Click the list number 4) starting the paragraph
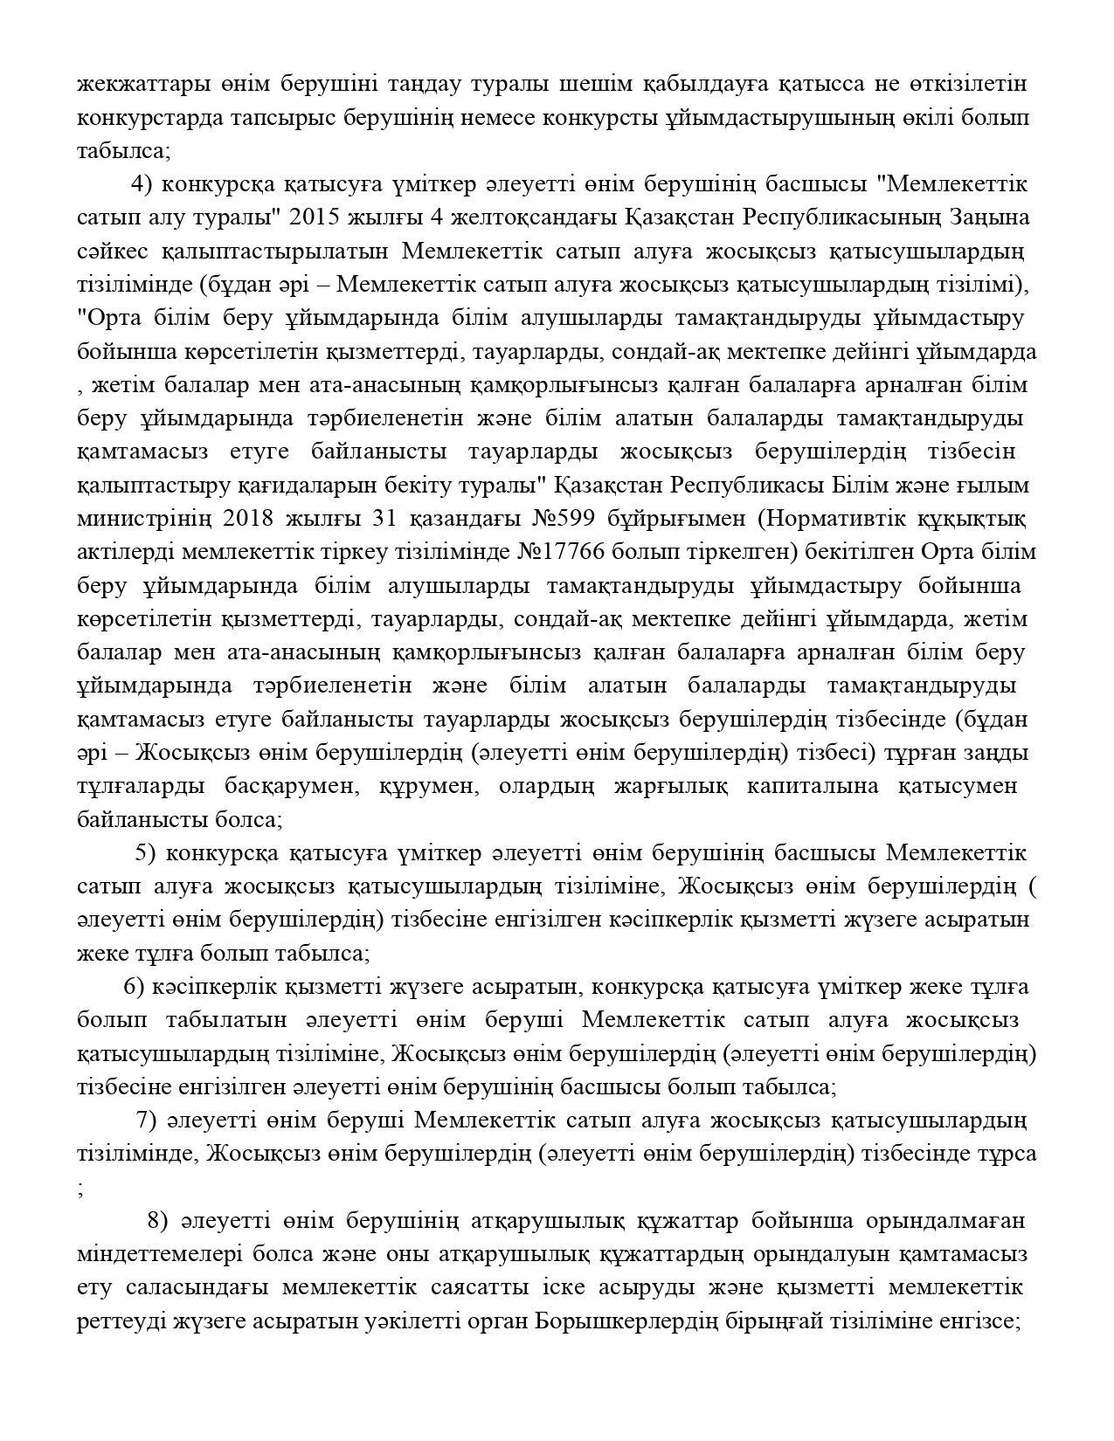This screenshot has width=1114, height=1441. point(142,184)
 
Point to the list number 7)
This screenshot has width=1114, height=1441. point(146,1120)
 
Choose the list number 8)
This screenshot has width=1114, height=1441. point(158,1220)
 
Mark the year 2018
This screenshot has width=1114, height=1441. point(249,519)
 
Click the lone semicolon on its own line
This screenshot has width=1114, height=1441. point(80,1188)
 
